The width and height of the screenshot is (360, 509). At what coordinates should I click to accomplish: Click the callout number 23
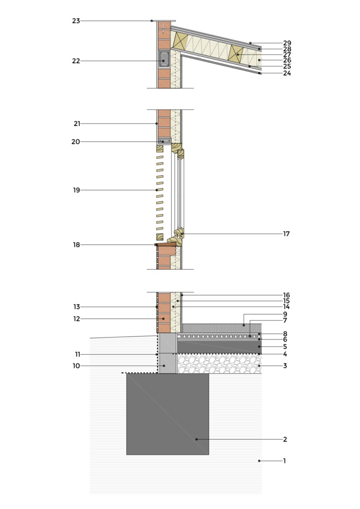click(x=76, y=21)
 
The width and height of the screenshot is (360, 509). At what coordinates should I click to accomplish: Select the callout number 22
click(x=76, y=61)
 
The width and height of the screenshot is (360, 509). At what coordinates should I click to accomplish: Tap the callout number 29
click(x=287, y=43)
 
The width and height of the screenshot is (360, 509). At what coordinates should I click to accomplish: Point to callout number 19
click(x=76, y=190)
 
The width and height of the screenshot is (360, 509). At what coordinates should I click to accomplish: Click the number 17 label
click(x=286, y=234)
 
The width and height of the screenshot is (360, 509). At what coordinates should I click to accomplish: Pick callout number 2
click(x=285, y=439)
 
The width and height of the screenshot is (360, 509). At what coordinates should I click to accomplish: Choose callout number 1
click(x=285, y=461)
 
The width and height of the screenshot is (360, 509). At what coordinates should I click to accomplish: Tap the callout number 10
click(x=76, y=366)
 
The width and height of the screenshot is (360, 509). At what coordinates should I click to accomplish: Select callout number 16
click(x=286, y=295)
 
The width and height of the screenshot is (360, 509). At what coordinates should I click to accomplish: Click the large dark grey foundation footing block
click(x=168, y=414)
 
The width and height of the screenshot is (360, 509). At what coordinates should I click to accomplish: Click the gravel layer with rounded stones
click(x=219, y=363)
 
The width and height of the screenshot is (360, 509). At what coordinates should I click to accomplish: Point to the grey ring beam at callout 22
click(x=164, y=59)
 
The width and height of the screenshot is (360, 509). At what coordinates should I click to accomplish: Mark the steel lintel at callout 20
click(x=164, y=141)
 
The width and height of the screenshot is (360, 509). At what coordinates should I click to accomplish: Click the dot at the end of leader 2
click(x=197, y=439)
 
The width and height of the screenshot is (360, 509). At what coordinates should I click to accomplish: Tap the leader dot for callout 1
click(x=259, y=461)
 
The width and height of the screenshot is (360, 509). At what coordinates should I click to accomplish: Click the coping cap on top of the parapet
click(x=164, y=21)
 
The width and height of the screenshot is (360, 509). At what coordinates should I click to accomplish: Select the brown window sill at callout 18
click(x=165, y=244)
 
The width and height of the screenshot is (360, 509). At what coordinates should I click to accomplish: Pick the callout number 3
click(x=285, y=366)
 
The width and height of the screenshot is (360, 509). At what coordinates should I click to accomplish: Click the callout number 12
click(x=76, y=319)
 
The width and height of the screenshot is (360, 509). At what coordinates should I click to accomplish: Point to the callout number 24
click(x=287, y=73)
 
